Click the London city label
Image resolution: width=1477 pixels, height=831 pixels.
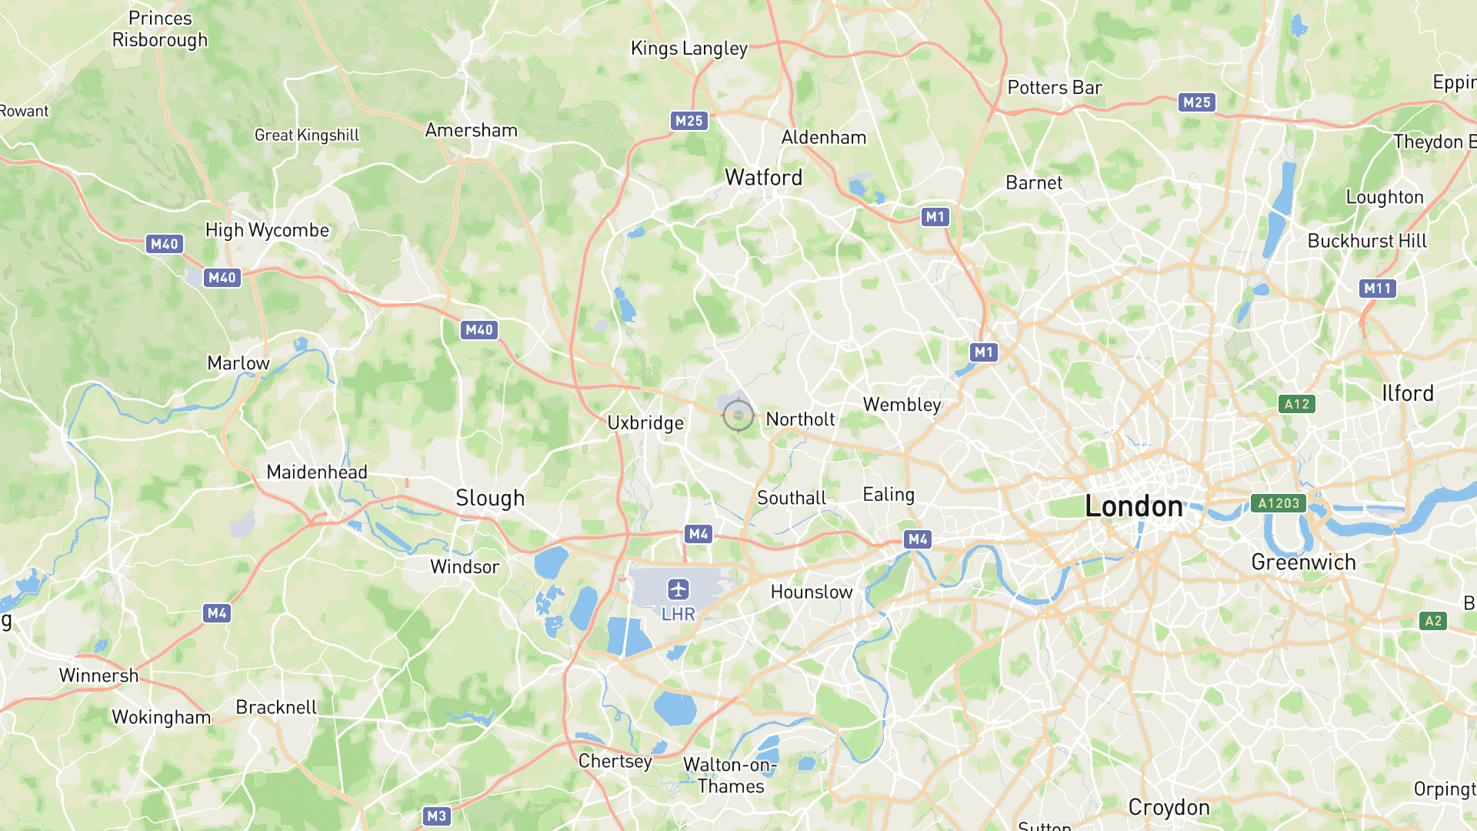click(x=1133, y=506)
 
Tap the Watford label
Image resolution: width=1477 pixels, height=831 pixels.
click(x=764, y=178)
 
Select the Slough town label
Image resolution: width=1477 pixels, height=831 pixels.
click(x=490, y=498)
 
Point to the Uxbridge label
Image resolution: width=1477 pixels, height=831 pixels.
click(x=645, y=422)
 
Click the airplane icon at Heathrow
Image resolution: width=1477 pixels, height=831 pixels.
click(x=678, y=589)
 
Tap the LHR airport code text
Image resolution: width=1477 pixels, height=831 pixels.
click(x=678, y=614)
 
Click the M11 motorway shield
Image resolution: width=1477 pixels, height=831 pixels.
click(x=1377, y=289)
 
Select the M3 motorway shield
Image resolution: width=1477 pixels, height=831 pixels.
click(x=436, y=816)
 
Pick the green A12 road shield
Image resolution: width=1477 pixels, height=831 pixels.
click(x=1296, y=404)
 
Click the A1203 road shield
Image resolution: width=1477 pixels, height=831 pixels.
click(x=1279, y=503)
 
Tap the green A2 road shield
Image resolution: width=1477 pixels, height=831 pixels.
click(x=1432, y=621)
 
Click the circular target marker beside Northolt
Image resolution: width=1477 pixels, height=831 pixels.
click(x=738, y=415)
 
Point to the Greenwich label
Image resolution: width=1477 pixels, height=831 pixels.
click(x=1303, y=562)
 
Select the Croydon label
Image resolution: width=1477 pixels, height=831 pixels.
click(x=1169, y=807)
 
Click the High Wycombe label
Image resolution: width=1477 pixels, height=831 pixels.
click(x=267, y=230)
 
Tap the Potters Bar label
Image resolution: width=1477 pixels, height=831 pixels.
click(x=1055, y=88)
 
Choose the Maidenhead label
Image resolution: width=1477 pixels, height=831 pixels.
click(x=317, y=472)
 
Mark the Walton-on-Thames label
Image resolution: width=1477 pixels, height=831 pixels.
click(x=730, y=776)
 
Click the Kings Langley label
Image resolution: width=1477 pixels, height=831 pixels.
click(x=689, y=48)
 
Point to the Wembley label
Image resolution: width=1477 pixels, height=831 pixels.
click(x=902, y=405)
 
